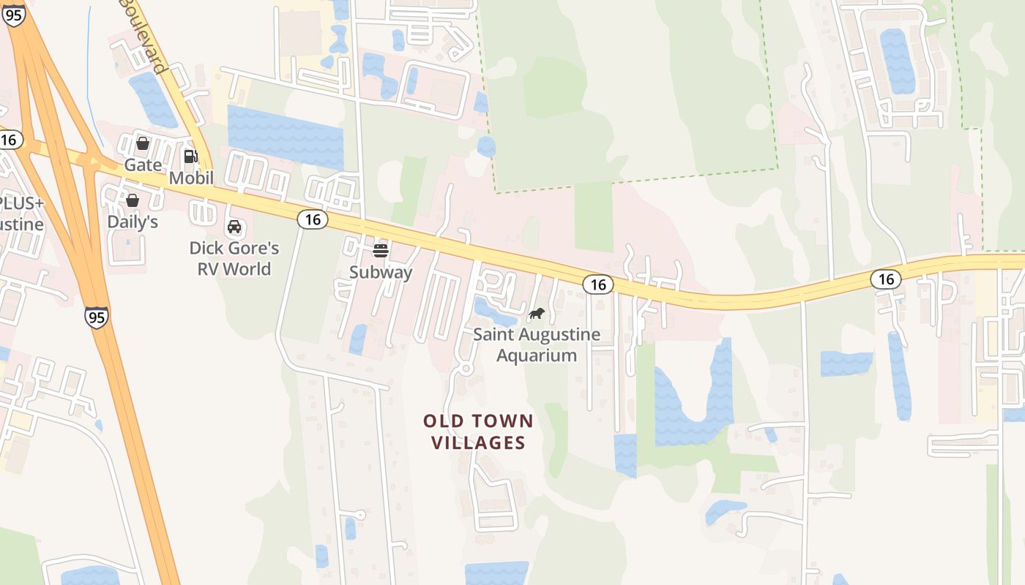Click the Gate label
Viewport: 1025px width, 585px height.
coord(143,165)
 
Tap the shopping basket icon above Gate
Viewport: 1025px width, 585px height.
coord(143,143)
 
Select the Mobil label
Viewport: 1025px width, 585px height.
coord(191,178)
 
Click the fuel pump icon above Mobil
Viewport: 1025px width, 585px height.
coord(191,156)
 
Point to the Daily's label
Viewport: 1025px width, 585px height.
coord(133,222)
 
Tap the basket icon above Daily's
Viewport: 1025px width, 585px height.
coord(133,200)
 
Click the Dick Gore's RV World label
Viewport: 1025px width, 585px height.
coord(234,258)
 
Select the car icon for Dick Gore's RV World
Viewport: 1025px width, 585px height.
coord(234,227)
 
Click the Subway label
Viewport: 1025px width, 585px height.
coord(381,273)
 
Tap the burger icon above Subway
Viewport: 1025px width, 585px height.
coord(380,251)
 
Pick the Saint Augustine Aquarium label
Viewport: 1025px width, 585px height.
coord(537,345)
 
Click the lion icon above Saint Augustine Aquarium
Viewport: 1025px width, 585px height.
coord(537,314)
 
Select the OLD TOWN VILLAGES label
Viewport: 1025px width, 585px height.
coord(478,431)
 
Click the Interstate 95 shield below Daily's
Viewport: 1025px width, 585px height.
coord(96,317)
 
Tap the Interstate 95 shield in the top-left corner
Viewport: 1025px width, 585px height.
coord(14,15)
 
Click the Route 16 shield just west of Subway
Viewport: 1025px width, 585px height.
coord(313,219)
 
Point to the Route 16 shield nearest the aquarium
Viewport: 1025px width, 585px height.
coord(598,284)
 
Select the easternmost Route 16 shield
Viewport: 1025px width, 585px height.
coord(886,279)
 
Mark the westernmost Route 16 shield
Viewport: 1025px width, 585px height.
coord(9,140)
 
